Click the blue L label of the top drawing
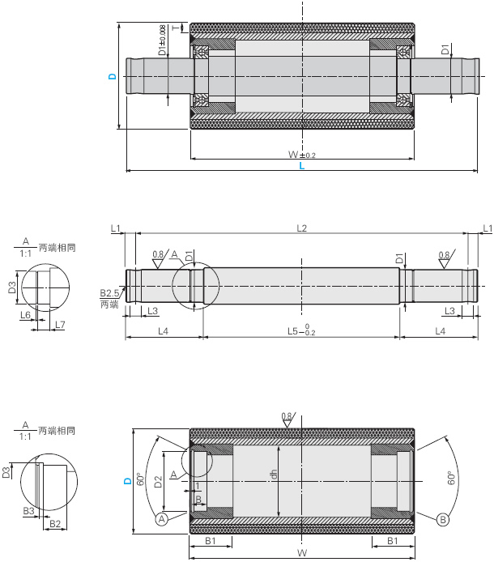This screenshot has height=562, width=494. (302, 166)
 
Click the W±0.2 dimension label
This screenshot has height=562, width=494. (302, 154)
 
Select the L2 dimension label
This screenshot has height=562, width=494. (302, 228)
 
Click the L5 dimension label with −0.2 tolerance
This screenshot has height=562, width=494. (302, 331)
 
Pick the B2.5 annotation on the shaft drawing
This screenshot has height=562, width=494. (109, 292)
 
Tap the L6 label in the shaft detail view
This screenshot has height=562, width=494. (25, 315)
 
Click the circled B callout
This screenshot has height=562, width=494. (442, 518)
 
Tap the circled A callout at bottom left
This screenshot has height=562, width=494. (161, 518)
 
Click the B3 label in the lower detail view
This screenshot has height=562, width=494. (28, 512)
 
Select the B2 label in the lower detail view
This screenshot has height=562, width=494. (54, 524)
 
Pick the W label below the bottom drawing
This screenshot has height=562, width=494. (302, 553)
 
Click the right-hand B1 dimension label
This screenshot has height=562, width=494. (392, 539)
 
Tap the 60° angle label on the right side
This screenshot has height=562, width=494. (451, 479)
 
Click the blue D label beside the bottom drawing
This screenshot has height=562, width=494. (127, 482)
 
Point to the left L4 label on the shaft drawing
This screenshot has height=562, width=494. (163, 331)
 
